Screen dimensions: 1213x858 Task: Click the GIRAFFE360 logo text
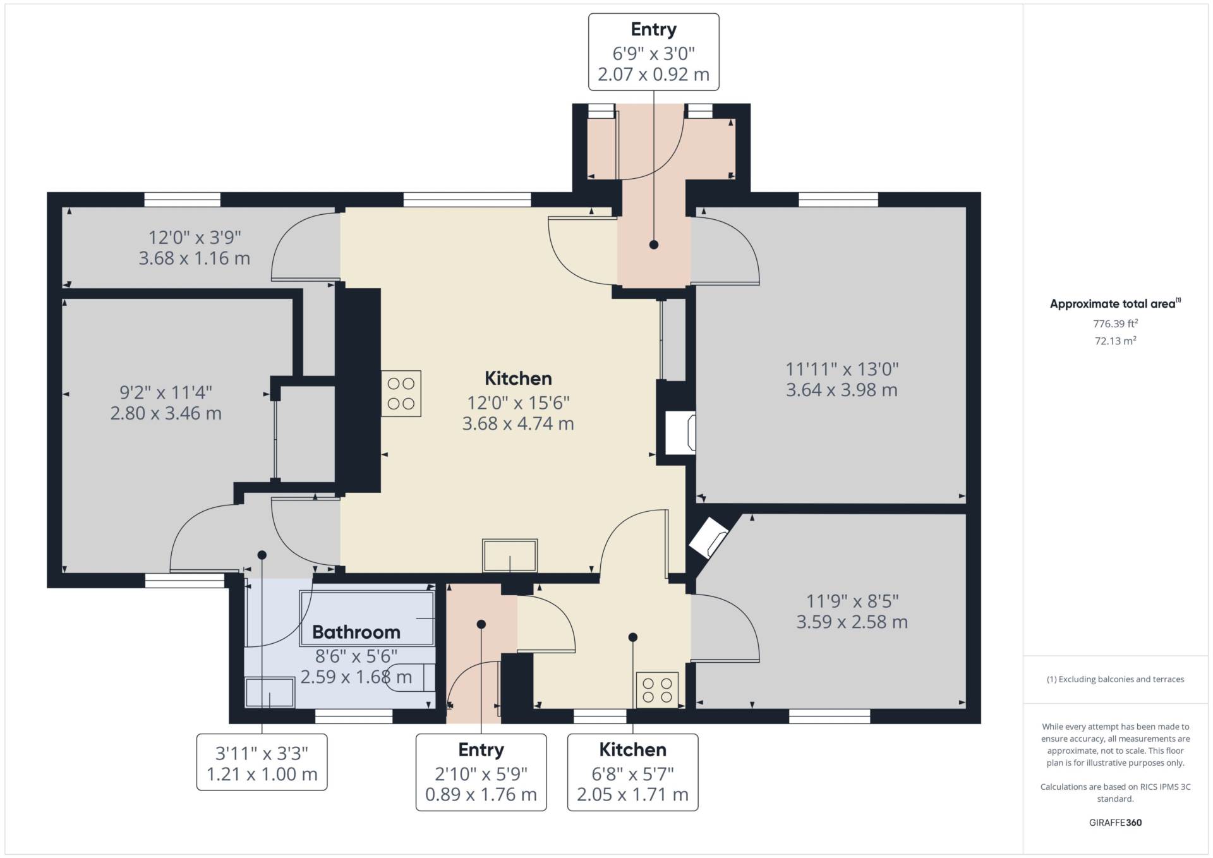(x=1115, y=823)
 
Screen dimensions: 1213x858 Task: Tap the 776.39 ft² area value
(x=1115, y=323)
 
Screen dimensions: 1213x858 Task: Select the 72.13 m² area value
(x=1115, y=341)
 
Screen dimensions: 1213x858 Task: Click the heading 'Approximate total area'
(x=1113, y=304)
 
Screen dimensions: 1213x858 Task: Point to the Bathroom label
(x=356, y=632)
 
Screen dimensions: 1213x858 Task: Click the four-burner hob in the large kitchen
(x=401, y=393)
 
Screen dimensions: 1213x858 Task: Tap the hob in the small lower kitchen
(x=657, y=689)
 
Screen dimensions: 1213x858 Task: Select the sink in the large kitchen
(x=510, y=555)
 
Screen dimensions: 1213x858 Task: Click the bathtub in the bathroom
(x=367, y=618)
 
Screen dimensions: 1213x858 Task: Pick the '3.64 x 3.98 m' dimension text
(x=842, y=390)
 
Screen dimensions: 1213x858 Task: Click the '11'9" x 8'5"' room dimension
(x=852, y=601)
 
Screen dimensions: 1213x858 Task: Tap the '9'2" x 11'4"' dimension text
(x=166, y=392)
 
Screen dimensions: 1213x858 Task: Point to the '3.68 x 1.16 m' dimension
(x=195, y=258)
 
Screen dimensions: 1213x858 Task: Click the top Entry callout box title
(x=654, y=29)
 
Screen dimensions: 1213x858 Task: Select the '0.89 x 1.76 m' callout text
(x=481, y=794)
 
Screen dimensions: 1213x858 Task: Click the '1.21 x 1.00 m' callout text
(x=262, y=774)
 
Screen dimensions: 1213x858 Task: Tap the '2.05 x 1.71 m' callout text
(x=632, y=794)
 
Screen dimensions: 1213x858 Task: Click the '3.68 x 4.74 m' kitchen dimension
(x=518, y=423)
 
